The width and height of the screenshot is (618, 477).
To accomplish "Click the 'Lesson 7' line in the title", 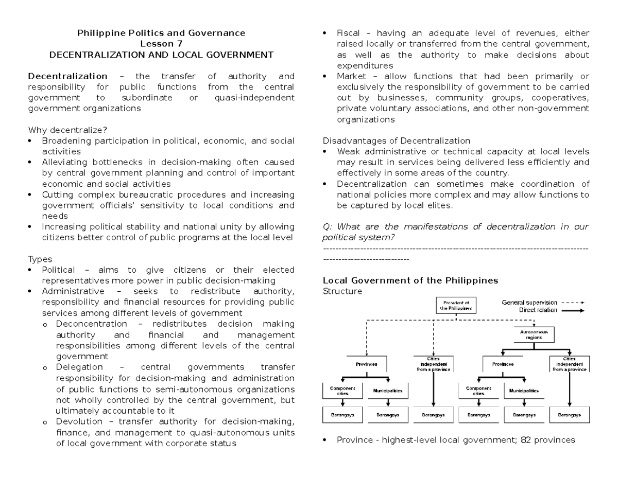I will click(x=161, y=44).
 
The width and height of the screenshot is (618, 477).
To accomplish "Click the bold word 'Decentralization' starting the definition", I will click(x=67, y=76).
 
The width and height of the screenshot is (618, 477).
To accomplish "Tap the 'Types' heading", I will click(x=40, y=259).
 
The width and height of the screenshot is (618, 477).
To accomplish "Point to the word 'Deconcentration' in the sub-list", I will click(x=91, y=324).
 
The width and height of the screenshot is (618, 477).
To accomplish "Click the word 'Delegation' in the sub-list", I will click(x=79, y=367).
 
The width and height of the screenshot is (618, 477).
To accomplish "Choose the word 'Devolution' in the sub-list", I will click(x=79, y=421).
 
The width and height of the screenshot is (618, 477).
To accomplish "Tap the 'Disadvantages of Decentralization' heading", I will click(x=396, y=140).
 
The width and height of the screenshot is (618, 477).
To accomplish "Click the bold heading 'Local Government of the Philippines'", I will click(x=410, y=280).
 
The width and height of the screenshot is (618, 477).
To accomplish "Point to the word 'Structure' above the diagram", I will click(x=342, y=291).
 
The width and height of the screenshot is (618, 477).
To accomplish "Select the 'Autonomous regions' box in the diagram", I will click(x=534, y=335).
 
